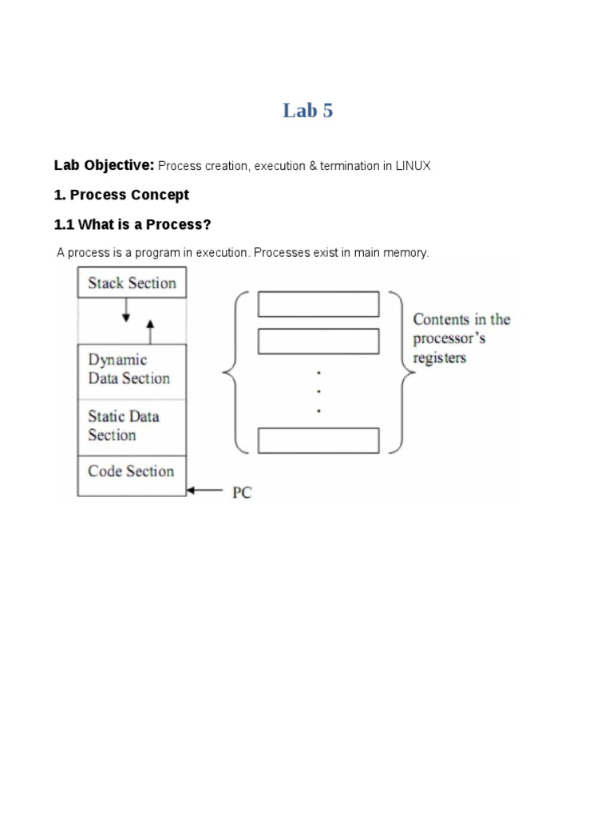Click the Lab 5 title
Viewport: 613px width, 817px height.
307,111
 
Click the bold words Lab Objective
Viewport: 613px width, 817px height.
104,165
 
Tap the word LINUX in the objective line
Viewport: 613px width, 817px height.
413,166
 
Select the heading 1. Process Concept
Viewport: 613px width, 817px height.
121,195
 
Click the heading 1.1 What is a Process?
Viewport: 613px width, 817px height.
132,224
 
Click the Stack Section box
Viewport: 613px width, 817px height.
132,282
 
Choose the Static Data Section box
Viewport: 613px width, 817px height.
132,426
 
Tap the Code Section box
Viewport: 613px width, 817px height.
132,472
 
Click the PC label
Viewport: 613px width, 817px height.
242,493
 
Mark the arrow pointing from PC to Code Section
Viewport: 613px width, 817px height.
205,492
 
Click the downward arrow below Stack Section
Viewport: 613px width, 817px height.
125,310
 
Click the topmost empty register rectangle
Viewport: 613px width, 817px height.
318,304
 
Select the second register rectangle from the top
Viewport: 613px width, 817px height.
318,341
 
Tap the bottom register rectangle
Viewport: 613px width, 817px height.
318,440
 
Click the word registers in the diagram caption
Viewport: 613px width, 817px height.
439,358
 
